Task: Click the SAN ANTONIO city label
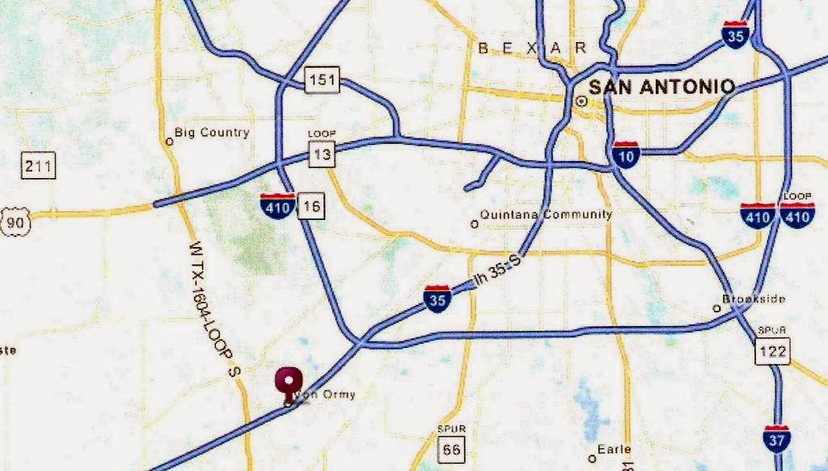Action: (661, 87)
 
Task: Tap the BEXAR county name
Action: (533, 49)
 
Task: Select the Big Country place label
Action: (212, 133)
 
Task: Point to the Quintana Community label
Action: (546, 214)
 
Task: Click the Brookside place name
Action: (754, 299)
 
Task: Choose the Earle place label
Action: (614, 450)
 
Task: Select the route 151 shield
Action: (323, 80)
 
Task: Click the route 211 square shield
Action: (38, 168)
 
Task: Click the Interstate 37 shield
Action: (776, 437)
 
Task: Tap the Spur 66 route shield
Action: (451, 447)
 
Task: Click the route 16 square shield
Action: (311, 206)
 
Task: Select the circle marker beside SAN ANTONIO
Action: (581, 101)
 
